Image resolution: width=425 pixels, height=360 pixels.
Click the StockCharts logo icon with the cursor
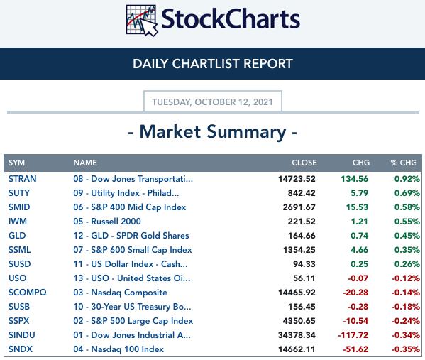142,21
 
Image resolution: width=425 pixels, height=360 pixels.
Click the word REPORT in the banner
268,64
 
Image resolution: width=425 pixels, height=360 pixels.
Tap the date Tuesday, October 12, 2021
213,102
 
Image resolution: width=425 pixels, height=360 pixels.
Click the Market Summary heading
213,132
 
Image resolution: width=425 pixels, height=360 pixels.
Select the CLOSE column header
304,163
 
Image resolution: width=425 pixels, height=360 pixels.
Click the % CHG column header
404,163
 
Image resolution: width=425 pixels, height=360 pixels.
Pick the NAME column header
85,163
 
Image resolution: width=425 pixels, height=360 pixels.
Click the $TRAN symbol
23,179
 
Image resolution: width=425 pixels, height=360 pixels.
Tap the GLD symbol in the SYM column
17,236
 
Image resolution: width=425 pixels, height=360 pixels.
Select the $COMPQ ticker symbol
28,293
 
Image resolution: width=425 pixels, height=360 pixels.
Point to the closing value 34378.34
297,335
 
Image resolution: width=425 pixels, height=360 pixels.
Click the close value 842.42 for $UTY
302,193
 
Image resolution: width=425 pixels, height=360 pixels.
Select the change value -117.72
353,335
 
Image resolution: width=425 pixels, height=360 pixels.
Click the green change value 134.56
355,179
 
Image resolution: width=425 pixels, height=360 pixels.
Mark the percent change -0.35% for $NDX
406,349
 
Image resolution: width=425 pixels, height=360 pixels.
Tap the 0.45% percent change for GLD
407,236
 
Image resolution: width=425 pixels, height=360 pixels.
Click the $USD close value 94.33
304,264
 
